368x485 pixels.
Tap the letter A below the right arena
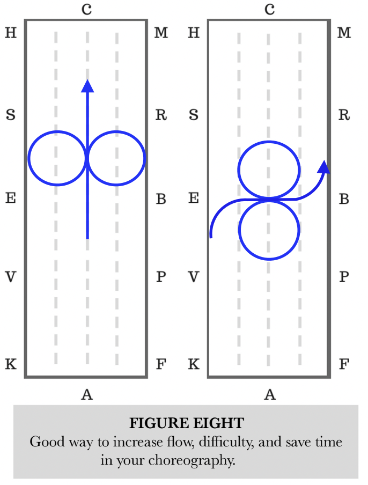[x=270, y=395]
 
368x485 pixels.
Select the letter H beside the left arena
[x=11, y=33]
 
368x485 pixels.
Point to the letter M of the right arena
[x=344, y=33]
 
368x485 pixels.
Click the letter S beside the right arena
[x=194, y=115]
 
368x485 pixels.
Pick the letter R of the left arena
[x=160, y=115]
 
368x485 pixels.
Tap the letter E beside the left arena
[x=11, y=199]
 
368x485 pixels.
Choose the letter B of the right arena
[x=344, y=199]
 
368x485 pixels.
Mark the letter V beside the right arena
[x=194, y=277]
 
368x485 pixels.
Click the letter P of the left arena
[x=160, y=277]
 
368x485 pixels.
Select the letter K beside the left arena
[x=11, y=365]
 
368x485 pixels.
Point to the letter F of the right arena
[x=344, y=365]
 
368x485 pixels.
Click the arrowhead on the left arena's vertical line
[x=87, y=85]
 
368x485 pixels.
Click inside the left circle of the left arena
[x=57, y=158]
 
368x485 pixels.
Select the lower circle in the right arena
[x=269, y=229]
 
